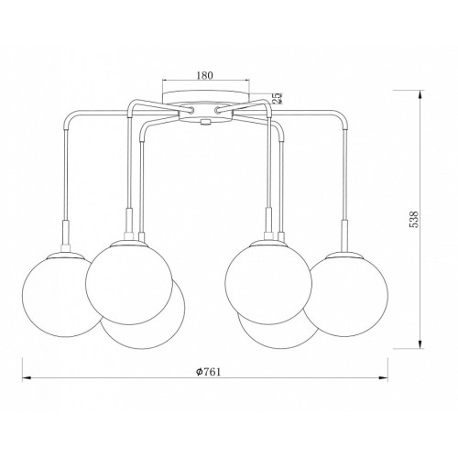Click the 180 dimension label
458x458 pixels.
(x=204, y=75)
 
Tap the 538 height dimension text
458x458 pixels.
(x=413, y=219)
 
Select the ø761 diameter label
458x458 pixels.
(x=208, y=372)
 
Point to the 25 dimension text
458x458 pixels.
(x=278, y=98)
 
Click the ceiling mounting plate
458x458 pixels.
(x=205, y=96)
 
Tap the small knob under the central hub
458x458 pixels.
(x=205, y=123)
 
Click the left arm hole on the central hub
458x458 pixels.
(x=192, y=110)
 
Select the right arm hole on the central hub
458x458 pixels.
(x=218, y=110)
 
